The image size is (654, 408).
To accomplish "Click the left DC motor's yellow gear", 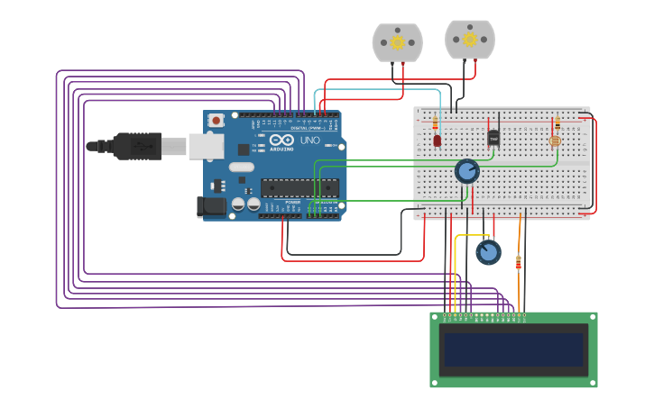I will tap(397, 42).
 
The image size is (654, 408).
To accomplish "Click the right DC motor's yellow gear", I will tap(470, 39).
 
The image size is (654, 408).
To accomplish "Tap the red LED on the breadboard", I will tap(438, 141).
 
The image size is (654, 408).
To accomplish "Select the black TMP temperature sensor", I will tap(493, 138).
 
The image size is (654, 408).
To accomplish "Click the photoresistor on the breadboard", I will tap(555, 141).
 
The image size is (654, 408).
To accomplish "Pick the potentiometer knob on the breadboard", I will tap(466, 171).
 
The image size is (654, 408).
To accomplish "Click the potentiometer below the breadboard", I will tap(488, 252).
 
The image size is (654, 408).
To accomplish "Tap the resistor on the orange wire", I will tap(518, 262).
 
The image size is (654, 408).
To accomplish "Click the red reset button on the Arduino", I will tap(216, 120).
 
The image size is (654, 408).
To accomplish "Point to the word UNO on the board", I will tap(309, 141).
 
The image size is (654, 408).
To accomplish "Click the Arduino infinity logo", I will tap(281, 141).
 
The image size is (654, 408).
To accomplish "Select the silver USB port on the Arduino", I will tap(206, 146).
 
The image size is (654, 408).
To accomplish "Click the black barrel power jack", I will tap(211, 206).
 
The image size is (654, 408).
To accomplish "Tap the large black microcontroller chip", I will tap(299, 187).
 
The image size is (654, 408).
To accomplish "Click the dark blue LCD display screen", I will tap(512, 349).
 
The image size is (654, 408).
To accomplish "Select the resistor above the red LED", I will tap(436, 122).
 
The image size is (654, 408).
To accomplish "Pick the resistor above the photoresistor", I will tap(557, 123).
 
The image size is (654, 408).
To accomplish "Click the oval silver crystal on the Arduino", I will tap(241, 167).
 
